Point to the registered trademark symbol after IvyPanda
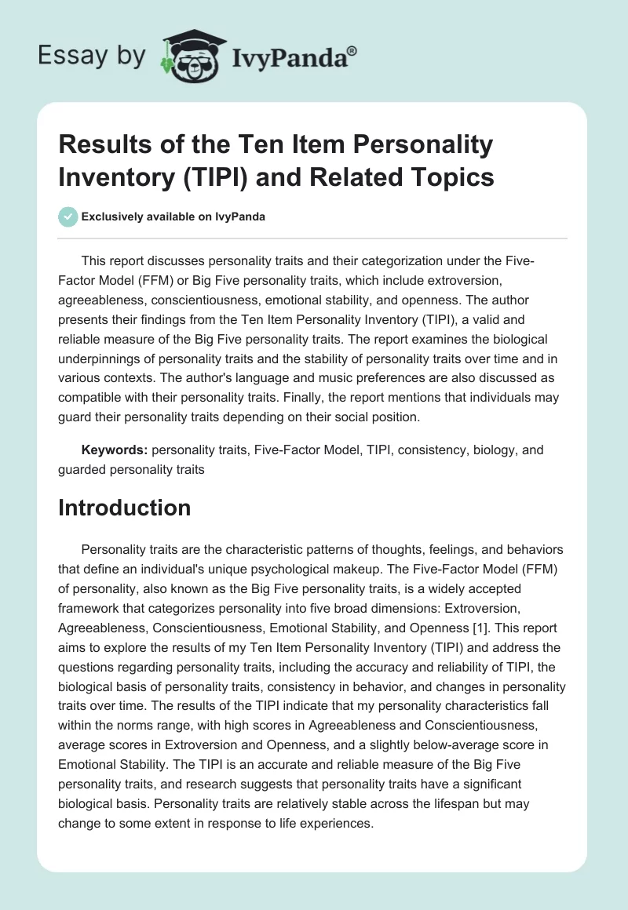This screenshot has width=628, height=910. click(353, 51)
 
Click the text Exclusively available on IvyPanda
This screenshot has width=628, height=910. click(173, 217)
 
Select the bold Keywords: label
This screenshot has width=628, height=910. click(115, 450)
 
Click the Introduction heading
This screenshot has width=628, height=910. click(124, 508)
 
